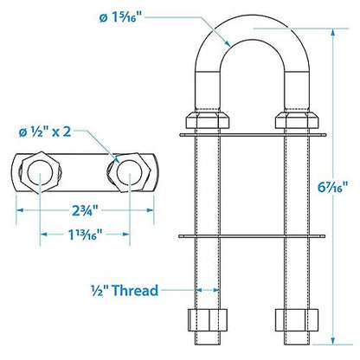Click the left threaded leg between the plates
pos(209,185)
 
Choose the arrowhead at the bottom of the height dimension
pos(332,338)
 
